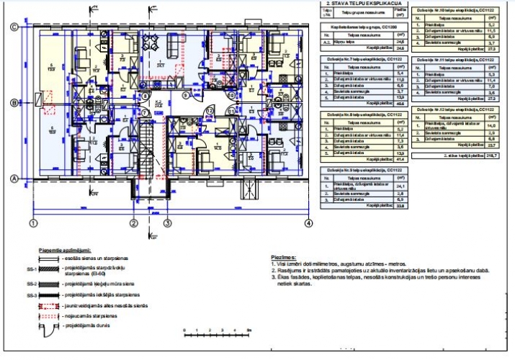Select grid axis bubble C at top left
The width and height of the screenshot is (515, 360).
tap(14, 27)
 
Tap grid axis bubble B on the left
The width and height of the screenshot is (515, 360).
tap(14, 103)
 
